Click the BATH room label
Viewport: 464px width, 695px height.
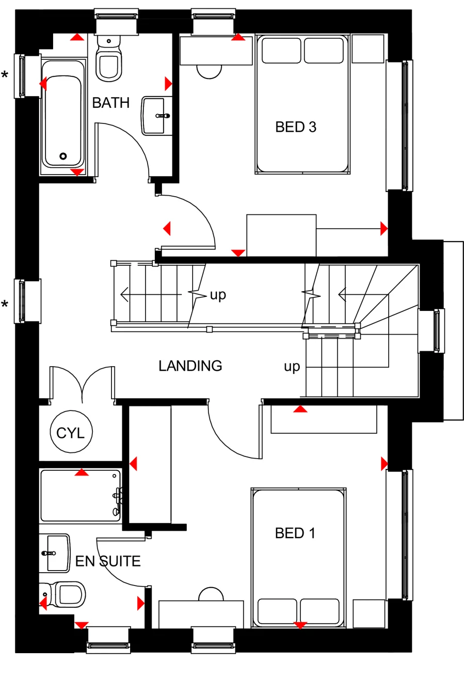110,103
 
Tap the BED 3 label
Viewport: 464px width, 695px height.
295,127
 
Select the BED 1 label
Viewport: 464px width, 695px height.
295,533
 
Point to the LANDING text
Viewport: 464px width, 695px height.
190,366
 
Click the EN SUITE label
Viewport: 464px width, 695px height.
108,561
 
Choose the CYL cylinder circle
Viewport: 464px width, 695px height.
71,433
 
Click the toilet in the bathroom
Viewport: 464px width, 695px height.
108,62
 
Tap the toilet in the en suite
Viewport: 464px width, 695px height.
67,594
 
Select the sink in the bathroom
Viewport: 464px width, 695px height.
156,115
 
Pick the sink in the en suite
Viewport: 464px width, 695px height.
55,554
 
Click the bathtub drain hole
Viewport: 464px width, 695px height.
63,156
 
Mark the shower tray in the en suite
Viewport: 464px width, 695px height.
81,496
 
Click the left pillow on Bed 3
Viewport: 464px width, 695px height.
281,51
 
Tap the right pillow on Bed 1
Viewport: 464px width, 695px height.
319,611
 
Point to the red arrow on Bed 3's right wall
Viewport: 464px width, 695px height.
383,228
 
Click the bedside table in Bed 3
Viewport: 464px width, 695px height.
368,49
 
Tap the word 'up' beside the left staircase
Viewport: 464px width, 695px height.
218,295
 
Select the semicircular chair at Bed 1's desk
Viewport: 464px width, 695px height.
211,594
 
